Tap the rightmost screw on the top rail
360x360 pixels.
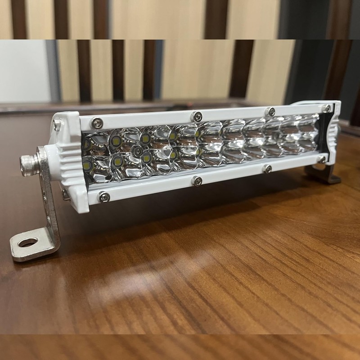tap(327, 108)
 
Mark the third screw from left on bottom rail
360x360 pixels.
tap(267, 168)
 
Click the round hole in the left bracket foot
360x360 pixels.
tap(28, 243)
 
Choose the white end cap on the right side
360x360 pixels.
tap(333, 130)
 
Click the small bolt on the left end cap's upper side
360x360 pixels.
tap(57, 125)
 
